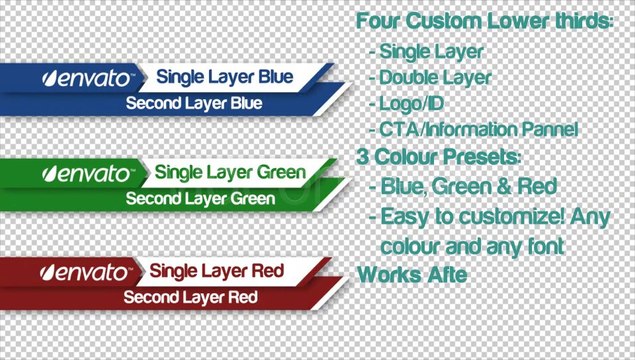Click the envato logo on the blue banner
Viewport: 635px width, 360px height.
(x=86, y=77)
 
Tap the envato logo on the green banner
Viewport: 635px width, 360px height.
(x=86, y=173)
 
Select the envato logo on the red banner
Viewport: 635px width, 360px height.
(x=86, y=271)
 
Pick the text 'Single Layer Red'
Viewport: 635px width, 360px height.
(x=216, y=271)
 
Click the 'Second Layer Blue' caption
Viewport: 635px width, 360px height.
(x=193, y=103)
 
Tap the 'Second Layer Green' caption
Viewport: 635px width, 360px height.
(x=200, y=198)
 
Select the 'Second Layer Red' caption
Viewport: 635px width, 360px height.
(x=190, y=297)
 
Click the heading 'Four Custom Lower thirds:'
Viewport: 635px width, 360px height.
(x=484, y=21)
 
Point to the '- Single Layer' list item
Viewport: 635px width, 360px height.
(x=426, y=50)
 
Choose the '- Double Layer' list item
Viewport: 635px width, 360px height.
(x=429, y=76)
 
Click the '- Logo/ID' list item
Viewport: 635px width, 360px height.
(x=410, y=102)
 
